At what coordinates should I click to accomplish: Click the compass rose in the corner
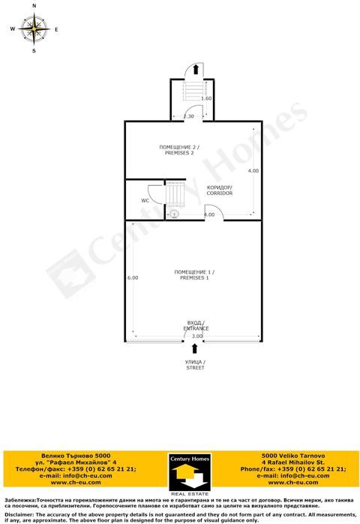click(34, 30)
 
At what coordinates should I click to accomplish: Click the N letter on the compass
click(34, 6)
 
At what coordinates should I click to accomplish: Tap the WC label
click(145, 201)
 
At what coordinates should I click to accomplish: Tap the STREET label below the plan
click(195, 365)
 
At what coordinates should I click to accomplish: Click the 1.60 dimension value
click(206, 99)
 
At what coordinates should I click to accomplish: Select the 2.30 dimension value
click(188, 116)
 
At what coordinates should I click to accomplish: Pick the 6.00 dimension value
click(133, 278)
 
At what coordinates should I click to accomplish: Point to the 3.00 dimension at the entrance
click(197, 337)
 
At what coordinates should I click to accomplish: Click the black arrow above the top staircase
click(195, 70)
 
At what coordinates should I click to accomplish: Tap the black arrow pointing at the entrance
click(185, 349)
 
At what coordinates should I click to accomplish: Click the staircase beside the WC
click(175, 195)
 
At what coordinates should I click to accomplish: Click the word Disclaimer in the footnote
click(19, 516)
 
